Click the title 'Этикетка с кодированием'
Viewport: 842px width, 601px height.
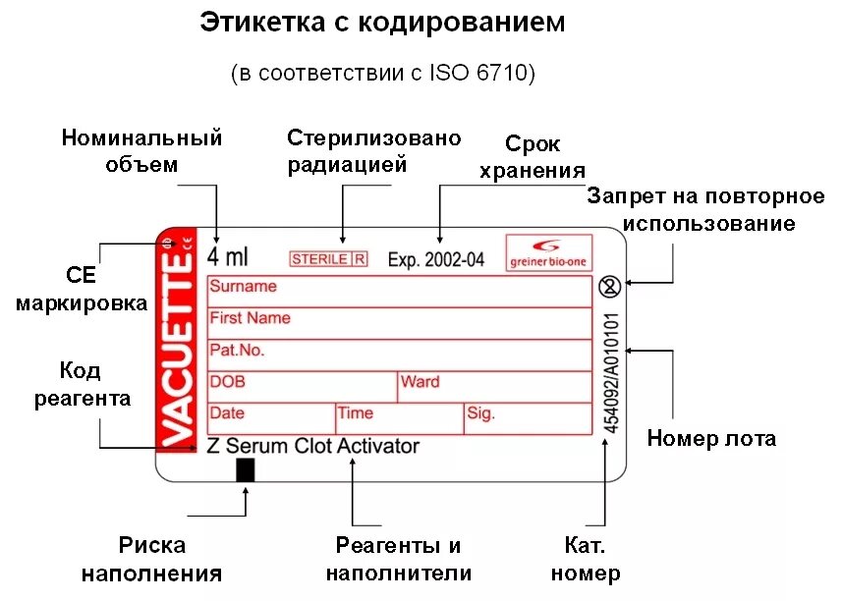pyautogui.click(x=383, y=23)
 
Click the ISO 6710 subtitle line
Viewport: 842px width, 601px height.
pyautogui.click(x=383, y=74)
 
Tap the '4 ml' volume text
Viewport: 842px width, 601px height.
pyautogui.click(x=228, y=257)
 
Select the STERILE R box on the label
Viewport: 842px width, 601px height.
pyautogui.click(x=328, y=259)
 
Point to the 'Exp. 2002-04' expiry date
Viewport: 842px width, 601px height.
pyautogui.click(x=436, y=259)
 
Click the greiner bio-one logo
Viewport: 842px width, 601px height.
pyautogui.click(x=548, y=252)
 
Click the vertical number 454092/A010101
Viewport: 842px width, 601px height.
pyautogui.click(x=611, y=373)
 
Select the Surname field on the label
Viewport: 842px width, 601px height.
pyautogui.click(x=399, y=292)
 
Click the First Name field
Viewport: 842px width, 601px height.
pyautogui.click(x=399, y=323)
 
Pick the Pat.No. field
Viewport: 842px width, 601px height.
pyautogui.click(x=399, y=355)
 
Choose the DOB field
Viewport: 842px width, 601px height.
pyautogui.click(x=302, y=386)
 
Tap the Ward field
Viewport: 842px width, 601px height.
pyautogui.click(x=494, y=386)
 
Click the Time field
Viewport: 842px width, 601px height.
pyautogui.click(x=399, y=418)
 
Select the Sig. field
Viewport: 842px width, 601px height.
pyautogui.click(x=528, y=418)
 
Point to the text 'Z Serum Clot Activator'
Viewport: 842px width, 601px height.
pyautogui.click(x=313, y=446)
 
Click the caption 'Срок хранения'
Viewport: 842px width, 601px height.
pyautogui.click(x=533, y=157)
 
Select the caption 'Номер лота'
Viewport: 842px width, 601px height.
pyautogui.click(x=711, y=439)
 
